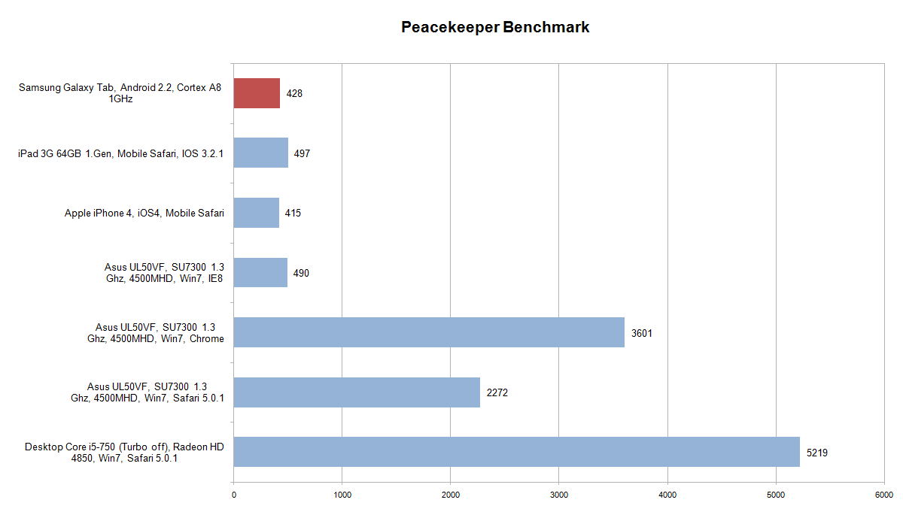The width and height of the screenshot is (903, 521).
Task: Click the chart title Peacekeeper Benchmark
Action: (x=495, y=28)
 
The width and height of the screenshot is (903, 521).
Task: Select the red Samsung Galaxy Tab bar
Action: (x=257, y=93)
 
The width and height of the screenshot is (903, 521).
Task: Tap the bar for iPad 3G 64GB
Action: (x=261, y=153)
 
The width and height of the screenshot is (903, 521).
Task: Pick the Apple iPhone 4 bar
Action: (x=257, y=213)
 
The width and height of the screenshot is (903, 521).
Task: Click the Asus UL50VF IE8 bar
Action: (x=260, y=273)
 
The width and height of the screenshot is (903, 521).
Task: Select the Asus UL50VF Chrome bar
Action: (x=429, y=332)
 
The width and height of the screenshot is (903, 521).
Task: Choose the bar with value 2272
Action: (x=357, y=392)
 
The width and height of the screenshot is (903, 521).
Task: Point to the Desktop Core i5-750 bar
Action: (x=516, y=452)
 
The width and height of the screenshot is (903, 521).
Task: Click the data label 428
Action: (x=294, y=93)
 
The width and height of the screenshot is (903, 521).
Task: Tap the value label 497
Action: (x=303, y=153)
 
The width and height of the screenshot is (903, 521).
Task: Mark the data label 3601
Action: (x=642, y=333)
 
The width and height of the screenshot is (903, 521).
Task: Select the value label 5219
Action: (x=817, y=453)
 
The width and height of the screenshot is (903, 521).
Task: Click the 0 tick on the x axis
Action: (x=234, y=495)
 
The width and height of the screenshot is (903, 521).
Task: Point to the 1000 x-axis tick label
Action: (x=342, y=495)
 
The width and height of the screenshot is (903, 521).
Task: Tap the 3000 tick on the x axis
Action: (x=559, y=495)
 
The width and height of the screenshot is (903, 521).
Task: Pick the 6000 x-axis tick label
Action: (x=884, y=495)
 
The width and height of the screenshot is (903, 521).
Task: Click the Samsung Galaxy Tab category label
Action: (x=120, y=93)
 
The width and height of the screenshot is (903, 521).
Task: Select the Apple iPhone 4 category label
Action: (x=144, y=214)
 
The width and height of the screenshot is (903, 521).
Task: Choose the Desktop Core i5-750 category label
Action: (x=124, y=453)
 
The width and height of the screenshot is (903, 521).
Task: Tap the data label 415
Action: (x=293, y=214)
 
